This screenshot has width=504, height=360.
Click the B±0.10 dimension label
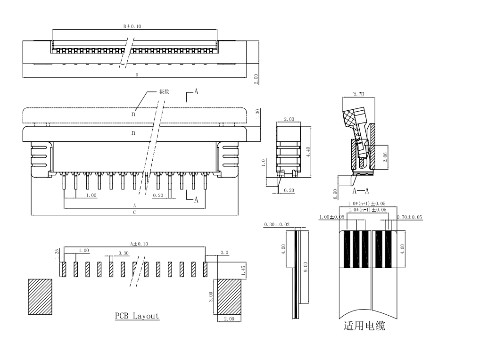[132, 26]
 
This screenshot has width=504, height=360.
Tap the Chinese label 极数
[164, 91]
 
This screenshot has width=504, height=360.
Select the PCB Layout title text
[137, 316]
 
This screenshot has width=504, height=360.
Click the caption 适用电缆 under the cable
[364, 326]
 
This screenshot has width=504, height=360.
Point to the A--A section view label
[361, 191]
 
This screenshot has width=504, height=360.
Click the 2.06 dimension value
[385, 157]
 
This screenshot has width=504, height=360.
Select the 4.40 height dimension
[308, 152]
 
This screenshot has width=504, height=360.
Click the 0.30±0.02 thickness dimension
[277, 224]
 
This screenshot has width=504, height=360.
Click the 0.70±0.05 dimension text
[409, 217]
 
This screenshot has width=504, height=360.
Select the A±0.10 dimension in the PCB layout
[139, 244]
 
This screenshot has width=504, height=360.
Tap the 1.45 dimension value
[243, 270]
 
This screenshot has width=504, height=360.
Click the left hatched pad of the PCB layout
[40, 297]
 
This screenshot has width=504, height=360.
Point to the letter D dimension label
[137, 74]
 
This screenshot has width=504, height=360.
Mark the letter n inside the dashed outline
[133, 114]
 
